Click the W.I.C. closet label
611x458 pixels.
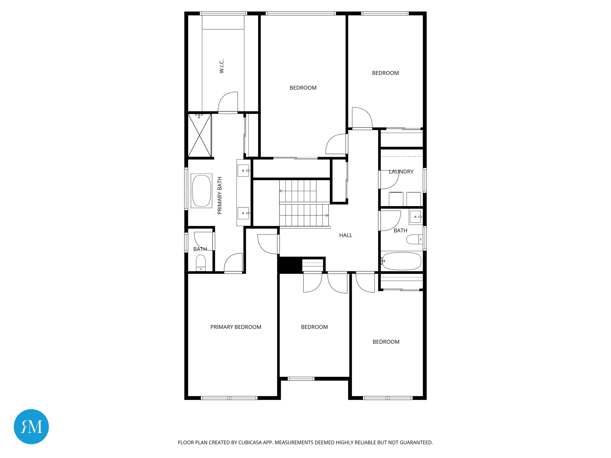[222, 66]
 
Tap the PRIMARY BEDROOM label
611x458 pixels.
[236, 327]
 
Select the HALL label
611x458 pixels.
[345, 235]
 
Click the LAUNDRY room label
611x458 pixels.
[401, 171]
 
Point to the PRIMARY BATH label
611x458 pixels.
[220, 195]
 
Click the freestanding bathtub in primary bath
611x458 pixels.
[201, 191]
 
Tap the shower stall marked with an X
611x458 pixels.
[200, 135]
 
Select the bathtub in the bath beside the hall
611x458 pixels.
[402, 261]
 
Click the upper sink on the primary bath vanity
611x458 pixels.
[243, 171]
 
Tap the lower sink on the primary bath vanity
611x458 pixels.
[243, 213]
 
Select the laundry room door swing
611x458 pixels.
[389, 180]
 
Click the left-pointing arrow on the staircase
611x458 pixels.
[281, 191]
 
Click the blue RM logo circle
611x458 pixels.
[31, 426]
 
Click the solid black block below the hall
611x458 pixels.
[290, 265]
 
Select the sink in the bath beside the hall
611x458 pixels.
[415, 217]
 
